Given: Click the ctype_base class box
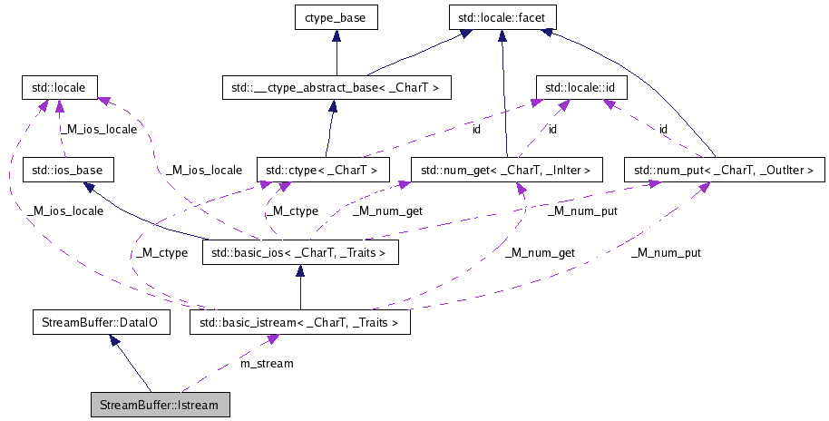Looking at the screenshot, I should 336,16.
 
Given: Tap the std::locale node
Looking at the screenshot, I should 59,88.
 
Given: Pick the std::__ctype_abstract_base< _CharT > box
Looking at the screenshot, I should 336,88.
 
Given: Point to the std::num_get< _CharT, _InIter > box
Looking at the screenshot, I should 506,170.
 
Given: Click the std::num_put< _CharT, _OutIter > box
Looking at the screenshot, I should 724,170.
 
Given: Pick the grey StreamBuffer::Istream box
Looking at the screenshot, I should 160,405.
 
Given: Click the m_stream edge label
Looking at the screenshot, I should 266,364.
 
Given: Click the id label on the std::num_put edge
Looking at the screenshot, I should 663,130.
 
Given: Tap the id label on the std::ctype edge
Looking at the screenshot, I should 476,130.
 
